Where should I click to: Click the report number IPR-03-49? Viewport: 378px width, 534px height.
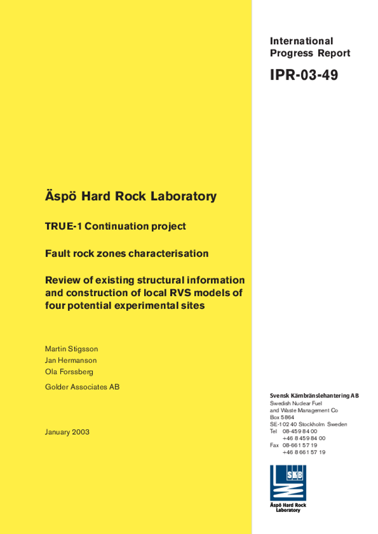pyautogui.click(x=304, y=75)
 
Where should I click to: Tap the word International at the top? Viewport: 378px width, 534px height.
pyautogui.click(x=301, y=41)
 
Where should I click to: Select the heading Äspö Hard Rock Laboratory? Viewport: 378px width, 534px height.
pyautogui.click(x=131, y=197)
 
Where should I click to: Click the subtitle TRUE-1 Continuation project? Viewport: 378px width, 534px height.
pyautogui.click(x=115, y=226)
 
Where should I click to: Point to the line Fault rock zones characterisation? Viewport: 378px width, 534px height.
pyautogui.click(x=127, y=254)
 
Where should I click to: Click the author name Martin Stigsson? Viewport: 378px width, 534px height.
pyautogui.click(x=72, y=349)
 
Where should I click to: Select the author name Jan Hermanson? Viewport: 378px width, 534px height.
pyautogui.click(x=70, y=360)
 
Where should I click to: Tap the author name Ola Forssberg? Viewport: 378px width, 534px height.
pyautogui.click(x=69, y=372)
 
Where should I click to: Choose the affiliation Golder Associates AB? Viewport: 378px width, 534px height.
pyautogui.click(x=82, y=387)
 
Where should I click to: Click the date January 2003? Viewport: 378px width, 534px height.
pyautogui.click(x=67, y=432)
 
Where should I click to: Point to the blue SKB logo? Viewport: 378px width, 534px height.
pyautogui.click(x=288, y=483)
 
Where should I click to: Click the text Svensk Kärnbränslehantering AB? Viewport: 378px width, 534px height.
pyautogui.click(x=314, y=396)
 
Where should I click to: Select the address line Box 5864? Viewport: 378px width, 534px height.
pyautogui.click(x=282, y=418)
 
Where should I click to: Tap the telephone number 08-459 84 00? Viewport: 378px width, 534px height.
pyautogui.click(x=300, y=431)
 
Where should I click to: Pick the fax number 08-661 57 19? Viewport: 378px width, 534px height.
pyautogui.click(x=300, y=445)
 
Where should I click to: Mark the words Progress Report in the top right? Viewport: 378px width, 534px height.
pyautogui.click(x=310, y=53)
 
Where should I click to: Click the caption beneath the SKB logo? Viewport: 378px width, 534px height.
pyautogui.click(x=288, y=507)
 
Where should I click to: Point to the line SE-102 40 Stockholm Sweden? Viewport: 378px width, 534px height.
pyautogui.click(x=308, y=424)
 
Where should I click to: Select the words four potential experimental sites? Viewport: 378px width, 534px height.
pyautogui.click(x=125, y=306)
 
